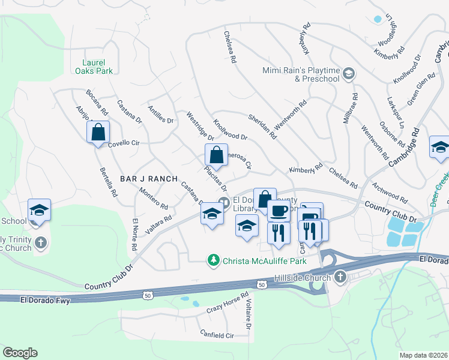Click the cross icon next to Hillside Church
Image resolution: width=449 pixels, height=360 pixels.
pos(340,278)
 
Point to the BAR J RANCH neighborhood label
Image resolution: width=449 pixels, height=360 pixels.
pos(149,179)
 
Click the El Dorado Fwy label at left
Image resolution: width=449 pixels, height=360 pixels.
pos(43,299)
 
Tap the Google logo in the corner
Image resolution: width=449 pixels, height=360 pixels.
pos(20,353)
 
